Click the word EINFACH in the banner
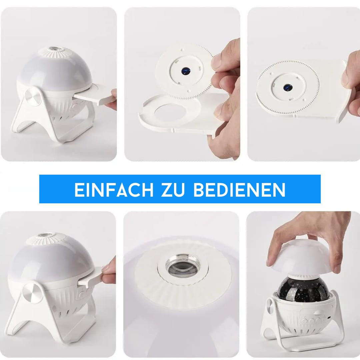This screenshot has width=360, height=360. tap(114, 190)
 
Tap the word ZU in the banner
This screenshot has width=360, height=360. tap(173, 190)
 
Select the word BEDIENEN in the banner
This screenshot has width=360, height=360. tap(239, 190)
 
